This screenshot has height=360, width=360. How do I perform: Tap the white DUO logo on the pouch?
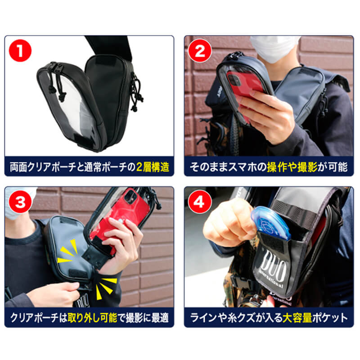pyautogui.click(x=269, y=268)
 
